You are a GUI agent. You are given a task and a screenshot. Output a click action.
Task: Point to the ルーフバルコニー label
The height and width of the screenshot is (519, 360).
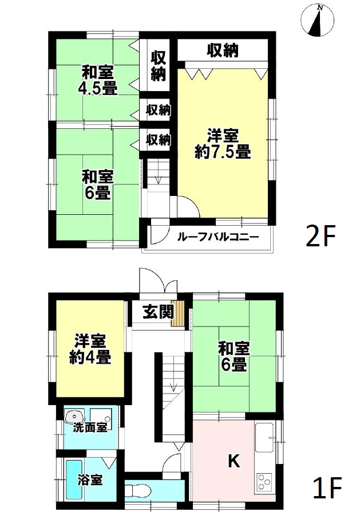pyautogui.click(x=209, y=237)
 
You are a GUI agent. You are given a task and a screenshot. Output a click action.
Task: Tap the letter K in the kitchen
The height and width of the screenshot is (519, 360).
pyautogui.click(x=234, y=460)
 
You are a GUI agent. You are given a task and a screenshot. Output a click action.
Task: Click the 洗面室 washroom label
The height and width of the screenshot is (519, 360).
pyautogui.click(x=89, y=427)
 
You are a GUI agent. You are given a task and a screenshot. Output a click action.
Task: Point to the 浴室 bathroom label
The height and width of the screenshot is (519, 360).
pyautogui.click(x=90, y=479)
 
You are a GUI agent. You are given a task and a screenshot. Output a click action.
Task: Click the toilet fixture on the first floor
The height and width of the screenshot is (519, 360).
pyautogui.click(x=137, y=492)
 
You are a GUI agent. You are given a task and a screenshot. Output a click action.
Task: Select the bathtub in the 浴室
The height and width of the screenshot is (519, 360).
pyautogui.click(x=73, y=479)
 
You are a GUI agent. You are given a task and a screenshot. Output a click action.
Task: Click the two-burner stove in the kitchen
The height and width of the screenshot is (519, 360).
pyautogui.click(x=264, y=480)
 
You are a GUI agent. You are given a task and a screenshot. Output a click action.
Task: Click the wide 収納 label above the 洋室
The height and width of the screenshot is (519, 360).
pyautogui.click(x=222, y=51)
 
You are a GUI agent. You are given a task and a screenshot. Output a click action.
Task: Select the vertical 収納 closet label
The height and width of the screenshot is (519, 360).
pyautogui.click(x=158, y=65)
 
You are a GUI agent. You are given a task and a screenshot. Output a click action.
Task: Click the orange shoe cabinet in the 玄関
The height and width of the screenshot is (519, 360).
pyautogui.click(x=180, y=314)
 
